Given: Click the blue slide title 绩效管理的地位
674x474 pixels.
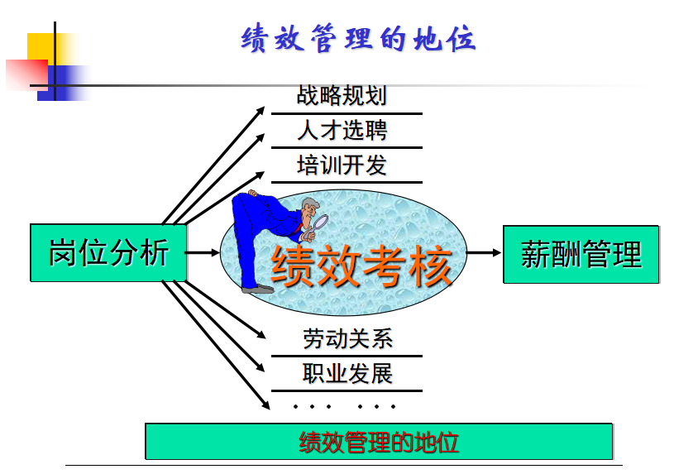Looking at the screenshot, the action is (x=358, y=39).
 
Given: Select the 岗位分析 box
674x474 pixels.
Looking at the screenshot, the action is (x=108, y=253).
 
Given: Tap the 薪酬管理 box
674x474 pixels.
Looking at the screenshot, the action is (x=581, y=254).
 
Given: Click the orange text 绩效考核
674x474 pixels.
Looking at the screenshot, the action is (x=361, y=266).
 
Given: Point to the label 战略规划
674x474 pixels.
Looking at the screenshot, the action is (x=342, y=95).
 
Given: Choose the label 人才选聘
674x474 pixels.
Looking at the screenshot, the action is (x=342, y=130).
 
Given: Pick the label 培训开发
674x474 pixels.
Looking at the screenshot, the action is (x=342, y=165).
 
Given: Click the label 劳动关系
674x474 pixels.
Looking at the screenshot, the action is (x=347, y=338).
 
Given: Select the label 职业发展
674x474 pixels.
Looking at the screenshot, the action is (x=347, y=373).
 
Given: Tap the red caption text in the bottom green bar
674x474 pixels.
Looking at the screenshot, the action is (x=379, y=443).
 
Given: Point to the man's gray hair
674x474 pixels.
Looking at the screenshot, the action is (x=310, y=203).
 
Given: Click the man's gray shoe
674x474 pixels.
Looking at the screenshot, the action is (x=257, y=290).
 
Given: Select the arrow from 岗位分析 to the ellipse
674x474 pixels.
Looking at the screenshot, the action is (x=203, y=252).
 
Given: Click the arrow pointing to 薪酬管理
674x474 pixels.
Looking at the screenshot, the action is (x=484, y=252).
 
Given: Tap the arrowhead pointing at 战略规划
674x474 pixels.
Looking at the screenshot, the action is (x=260, y=111).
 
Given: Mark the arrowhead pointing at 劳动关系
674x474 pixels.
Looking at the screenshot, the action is (x=261, y=334).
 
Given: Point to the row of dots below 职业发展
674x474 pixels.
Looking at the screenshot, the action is (x=344, y=406).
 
